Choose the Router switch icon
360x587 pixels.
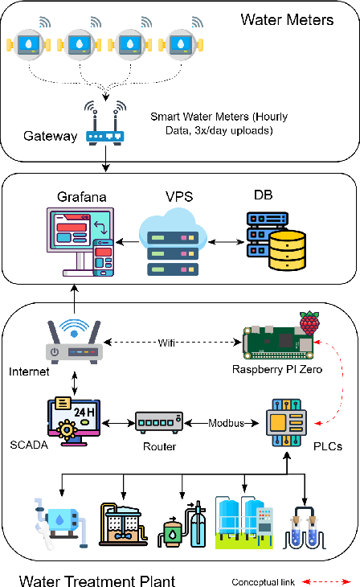159,421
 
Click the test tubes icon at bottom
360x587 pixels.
305,525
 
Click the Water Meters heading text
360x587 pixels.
287,18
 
